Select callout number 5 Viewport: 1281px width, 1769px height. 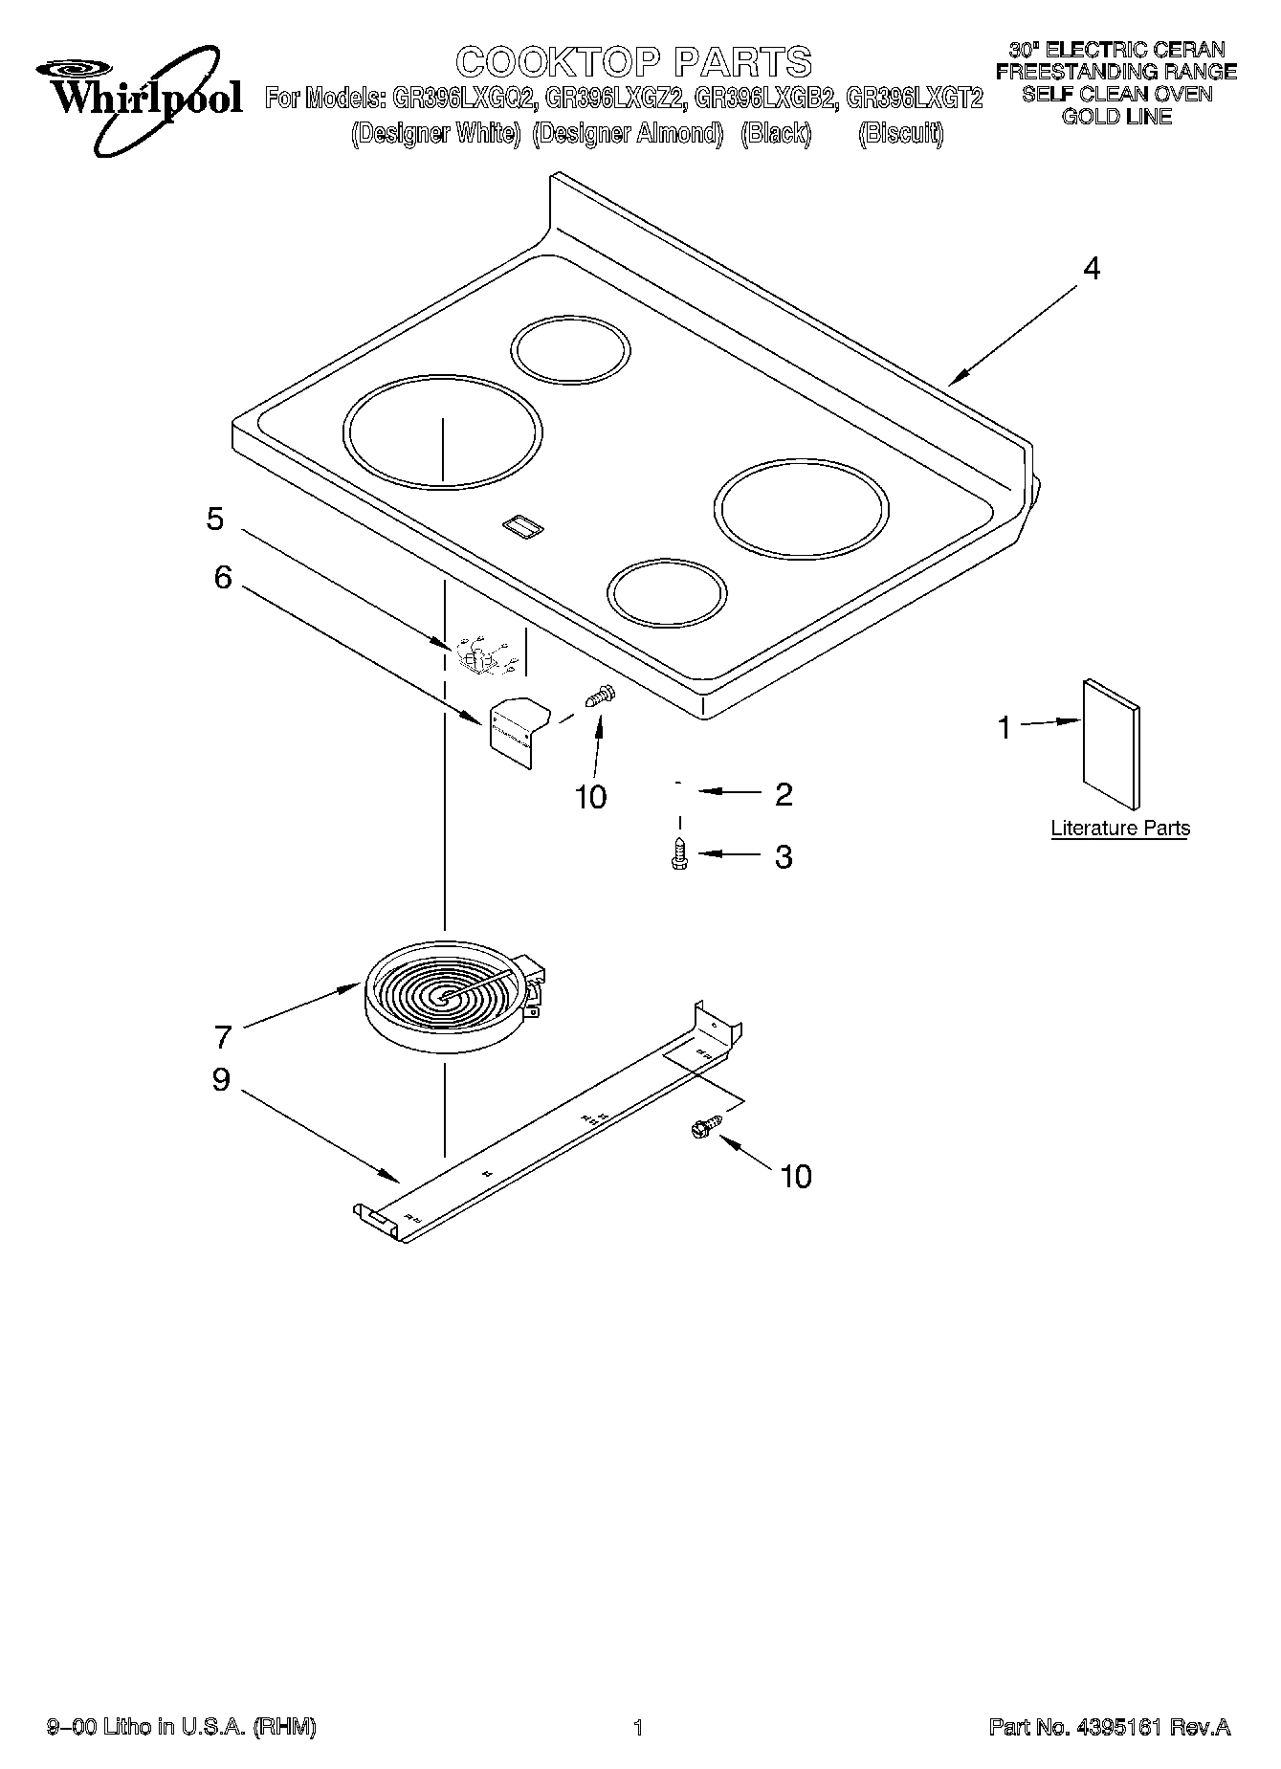pos(215,520)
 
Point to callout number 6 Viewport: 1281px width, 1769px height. pos(222,577)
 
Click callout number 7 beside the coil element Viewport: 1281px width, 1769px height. pos(223,1036)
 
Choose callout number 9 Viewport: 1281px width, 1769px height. pos(221,1080)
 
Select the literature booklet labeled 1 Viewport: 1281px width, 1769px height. pos(1111,744)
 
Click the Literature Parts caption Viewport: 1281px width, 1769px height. pos(1120,829)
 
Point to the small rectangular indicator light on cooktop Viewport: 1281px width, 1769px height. pos(521,524)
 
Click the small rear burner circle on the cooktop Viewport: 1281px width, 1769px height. pos(571,346)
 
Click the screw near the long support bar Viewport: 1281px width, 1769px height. pos(704,1130)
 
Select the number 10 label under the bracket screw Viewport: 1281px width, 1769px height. pos(590,796)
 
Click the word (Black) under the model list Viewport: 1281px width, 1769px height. pos(776,134)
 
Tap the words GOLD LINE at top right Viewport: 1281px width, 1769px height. pos(1116,118)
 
